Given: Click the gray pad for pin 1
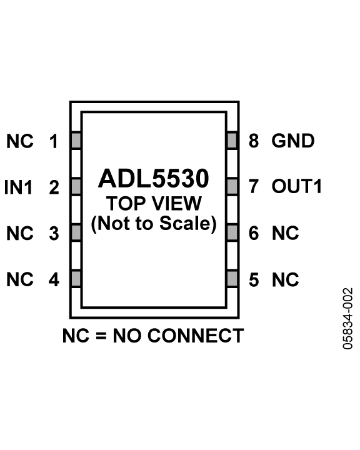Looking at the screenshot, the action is click(x=76, y=141).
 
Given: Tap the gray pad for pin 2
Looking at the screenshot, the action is click(x=76, y=186).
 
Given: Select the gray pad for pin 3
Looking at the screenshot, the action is click(x=76, y=232).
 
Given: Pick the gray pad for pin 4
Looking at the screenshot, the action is click(x=76, y=278).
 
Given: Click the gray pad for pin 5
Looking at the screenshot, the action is click(x=232, y=278).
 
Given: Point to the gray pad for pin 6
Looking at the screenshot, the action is click(x=232, y=232).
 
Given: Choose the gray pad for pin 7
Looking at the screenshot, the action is click(x=232, y=186).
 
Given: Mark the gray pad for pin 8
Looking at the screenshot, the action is click(x=232, y=141).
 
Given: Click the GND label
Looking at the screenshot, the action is click(x=293, y=141).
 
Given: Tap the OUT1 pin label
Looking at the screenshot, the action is click(x=297, y=186).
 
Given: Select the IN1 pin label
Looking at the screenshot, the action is click(x=18, y=187).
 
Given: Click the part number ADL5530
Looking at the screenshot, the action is click(x=154, y=179).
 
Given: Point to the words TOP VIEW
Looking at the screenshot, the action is click(x=154, y=203).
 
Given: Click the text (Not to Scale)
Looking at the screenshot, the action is click(x=154, y=223).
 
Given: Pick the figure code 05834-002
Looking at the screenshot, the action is click(x=347, y=319).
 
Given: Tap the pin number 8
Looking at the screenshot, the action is click(x=254, y=141).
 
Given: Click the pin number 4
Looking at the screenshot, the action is click(x=54, y=279).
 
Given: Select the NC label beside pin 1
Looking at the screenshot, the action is click(x=20, y=141).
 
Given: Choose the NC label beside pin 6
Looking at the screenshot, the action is click(x=286, y=233).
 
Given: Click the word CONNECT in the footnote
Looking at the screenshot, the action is click(x=196, y=336).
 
